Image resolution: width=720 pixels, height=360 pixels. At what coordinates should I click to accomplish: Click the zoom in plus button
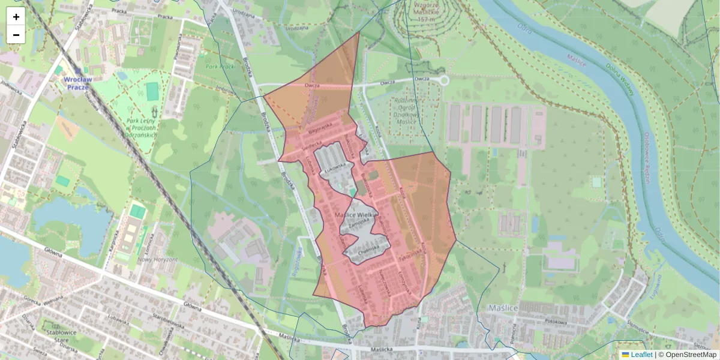16,17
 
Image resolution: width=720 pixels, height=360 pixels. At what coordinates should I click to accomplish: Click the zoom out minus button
16,35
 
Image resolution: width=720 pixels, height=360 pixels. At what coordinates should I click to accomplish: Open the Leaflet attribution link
641,355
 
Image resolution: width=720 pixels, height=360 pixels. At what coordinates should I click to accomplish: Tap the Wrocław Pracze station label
78,83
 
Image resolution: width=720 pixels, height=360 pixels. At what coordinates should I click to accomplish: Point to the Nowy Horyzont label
157,259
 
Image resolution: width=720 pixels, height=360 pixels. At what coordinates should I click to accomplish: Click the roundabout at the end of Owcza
444,80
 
